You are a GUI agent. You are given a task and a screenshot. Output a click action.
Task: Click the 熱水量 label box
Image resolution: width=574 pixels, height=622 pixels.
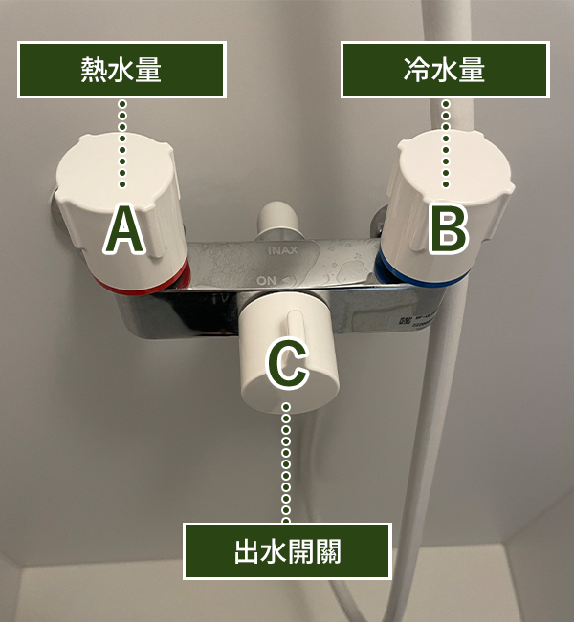(121, 70)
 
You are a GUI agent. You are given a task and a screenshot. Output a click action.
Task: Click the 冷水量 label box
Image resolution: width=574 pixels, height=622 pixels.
(445, 70)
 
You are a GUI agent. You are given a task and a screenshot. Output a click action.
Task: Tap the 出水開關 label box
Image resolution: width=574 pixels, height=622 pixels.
(288, 551)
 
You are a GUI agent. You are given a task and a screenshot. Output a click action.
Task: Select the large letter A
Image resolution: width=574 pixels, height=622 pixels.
(124, 229)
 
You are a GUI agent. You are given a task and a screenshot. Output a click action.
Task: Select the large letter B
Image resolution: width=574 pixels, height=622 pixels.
(449, 229)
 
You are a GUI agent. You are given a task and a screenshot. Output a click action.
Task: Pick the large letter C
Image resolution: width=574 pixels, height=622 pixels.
(287, 364)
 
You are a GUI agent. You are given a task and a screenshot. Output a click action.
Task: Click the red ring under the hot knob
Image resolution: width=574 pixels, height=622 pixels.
(143, 283)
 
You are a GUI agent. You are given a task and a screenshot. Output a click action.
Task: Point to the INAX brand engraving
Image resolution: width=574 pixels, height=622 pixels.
(283, 250)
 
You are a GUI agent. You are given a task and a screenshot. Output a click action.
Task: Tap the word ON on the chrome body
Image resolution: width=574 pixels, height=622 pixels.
(266, 281)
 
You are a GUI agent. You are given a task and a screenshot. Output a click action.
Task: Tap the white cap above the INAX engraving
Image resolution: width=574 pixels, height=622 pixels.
(278, 219)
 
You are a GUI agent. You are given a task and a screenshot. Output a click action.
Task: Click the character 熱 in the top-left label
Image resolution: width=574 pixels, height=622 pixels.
(94, 70)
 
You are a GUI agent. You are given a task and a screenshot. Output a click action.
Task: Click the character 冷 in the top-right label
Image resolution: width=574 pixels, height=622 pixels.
(417, 70)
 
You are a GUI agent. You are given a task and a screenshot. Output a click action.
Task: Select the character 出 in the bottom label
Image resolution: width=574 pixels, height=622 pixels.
(248, 551)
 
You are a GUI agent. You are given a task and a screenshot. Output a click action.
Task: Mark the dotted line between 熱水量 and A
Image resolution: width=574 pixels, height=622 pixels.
(122, 143)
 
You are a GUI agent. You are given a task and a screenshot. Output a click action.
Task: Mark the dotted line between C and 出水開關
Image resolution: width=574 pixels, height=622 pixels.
(286, 463)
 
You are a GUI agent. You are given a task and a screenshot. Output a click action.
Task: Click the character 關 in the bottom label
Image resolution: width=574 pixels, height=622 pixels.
(328, 551)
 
